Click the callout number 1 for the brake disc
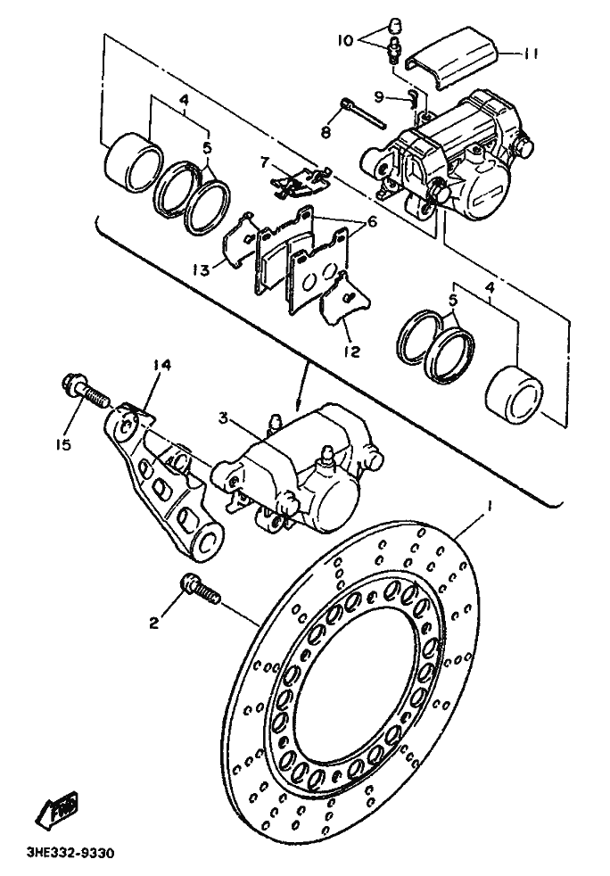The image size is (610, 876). click(x=490, y=507)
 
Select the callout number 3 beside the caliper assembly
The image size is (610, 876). click(x=224, y=417)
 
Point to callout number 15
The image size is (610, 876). click(x=65, y=445)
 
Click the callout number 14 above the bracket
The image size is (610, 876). click(x=161, y=366)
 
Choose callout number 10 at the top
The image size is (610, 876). click(x=345, y=40)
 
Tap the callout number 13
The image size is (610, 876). click(x=202, y=270)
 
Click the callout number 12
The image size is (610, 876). click(x=352, y=351)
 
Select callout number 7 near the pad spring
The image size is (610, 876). click(x=265, y=162)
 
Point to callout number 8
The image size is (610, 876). click(x=326, y=132)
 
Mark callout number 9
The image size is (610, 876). click(x=395, y=97)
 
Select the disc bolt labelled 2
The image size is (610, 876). click(x=201, y=590)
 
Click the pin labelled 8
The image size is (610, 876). click(x=363, y=113)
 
